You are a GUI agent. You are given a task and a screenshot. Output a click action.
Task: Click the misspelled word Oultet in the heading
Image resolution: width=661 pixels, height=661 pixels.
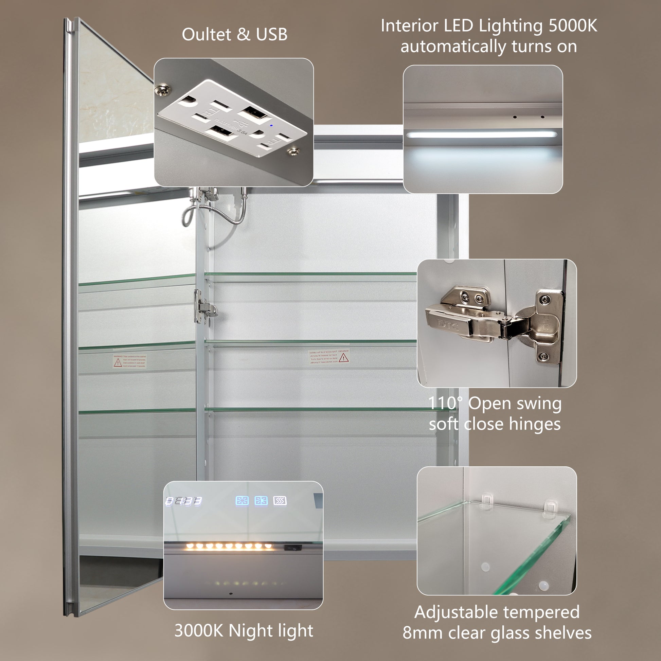pyautogui.click(x=206, y=35)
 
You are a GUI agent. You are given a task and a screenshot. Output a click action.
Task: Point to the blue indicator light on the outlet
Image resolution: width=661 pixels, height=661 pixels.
pyautogui.click(x=271, y=125)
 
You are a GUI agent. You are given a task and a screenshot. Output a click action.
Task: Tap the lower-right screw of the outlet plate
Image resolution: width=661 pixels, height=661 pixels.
pyautogui.click(x=292, y=151)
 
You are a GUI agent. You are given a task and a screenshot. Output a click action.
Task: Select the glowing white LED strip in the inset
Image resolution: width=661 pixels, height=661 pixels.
pyautogui.click(x=482, y=135)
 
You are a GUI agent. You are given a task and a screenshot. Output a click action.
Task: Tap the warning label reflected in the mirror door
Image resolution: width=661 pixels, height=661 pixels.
pyautogui.click(x=130, y=361)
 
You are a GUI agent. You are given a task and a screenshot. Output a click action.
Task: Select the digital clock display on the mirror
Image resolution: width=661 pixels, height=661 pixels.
pyautogui.click(x=184, y=501)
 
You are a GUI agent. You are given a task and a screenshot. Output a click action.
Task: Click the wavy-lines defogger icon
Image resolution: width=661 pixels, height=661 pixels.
pyautogui.click(x=280, y=501)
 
